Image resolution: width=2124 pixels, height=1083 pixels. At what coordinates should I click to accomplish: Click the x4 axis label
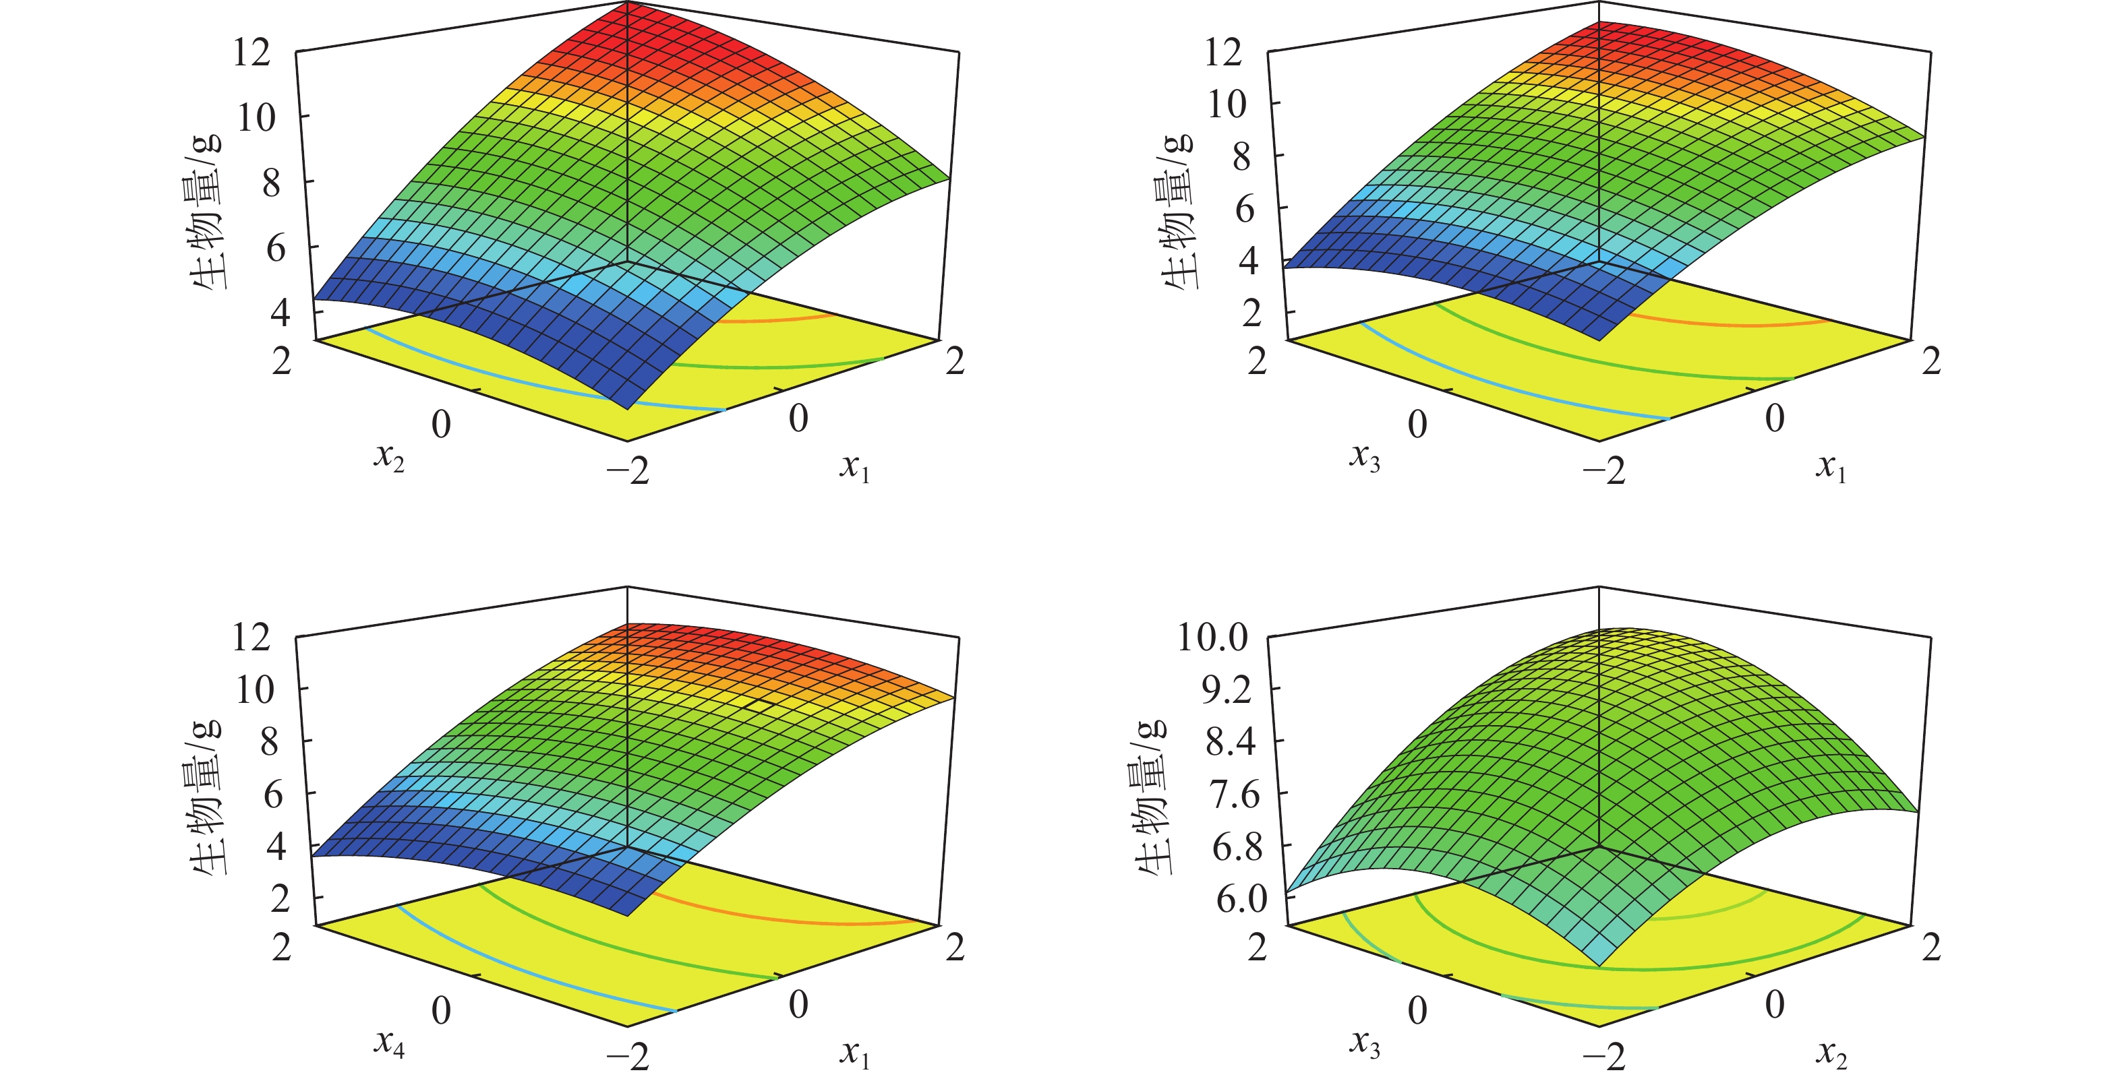click(389, 1043)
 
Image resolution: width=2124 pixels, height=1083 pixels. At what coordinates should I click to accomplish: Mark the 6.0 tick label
click(1240, 899)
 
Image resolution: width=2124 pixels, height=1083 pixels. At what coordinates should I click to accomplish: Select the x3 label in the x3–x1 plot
click(1365, 456)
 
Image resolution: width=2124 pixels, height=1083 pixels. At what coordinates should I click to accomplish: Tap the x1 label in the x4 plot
click(855, 1053)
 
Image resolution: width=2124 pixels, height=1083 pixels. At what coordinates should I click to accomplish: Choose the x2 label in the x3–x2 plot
click(1831, 1053)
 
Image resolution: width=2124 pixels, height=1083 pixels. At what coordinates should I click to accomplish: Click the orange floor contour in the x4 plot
click(784, 915)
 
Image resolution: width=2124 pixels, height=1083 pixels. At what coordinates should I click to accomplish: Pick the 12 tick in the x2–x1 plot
click(252, 53)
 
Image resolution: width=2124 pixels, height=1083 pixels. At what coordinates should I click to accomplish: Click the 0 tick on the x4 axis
click(441, 1010)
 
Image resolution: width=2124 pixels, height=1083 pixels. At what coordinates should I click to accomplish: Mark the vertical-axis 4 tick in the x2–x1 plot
click(280, 313)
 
